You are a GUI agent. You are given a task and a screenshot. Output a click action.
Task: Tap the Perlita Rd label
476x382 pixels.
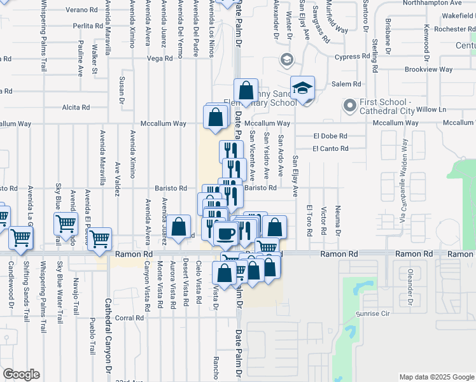88,26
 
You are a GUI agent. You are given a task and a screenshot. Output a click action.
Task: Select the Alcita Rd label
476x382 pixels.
75,108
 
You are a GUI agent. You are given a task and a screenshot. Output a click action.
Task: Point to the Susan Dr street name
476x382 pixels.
122,90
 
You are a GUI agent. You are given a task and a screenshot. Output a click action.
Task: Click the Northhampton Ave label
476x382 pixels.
439,3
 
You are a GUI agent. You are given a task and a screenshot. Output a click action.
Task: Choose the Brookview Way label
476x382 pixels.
428,69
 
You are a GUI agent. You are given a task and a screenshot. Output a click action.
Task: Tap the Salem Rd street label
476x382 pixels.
346,84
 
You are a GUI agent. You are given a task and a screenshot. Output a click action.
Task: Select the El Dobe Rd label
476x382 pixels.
330,136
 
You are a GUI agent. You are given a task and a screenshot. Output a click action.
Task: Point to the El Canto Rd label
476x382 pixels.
330,149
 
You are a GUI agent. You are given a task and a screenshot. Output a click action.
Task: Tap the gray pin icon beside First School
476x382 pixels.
349,104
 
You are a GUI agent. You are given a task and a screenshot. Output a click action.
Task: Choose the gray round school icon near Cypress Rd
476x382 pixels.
286,60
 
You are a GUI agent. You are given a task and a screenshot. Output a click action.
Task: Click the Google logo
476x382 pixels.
21,374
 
